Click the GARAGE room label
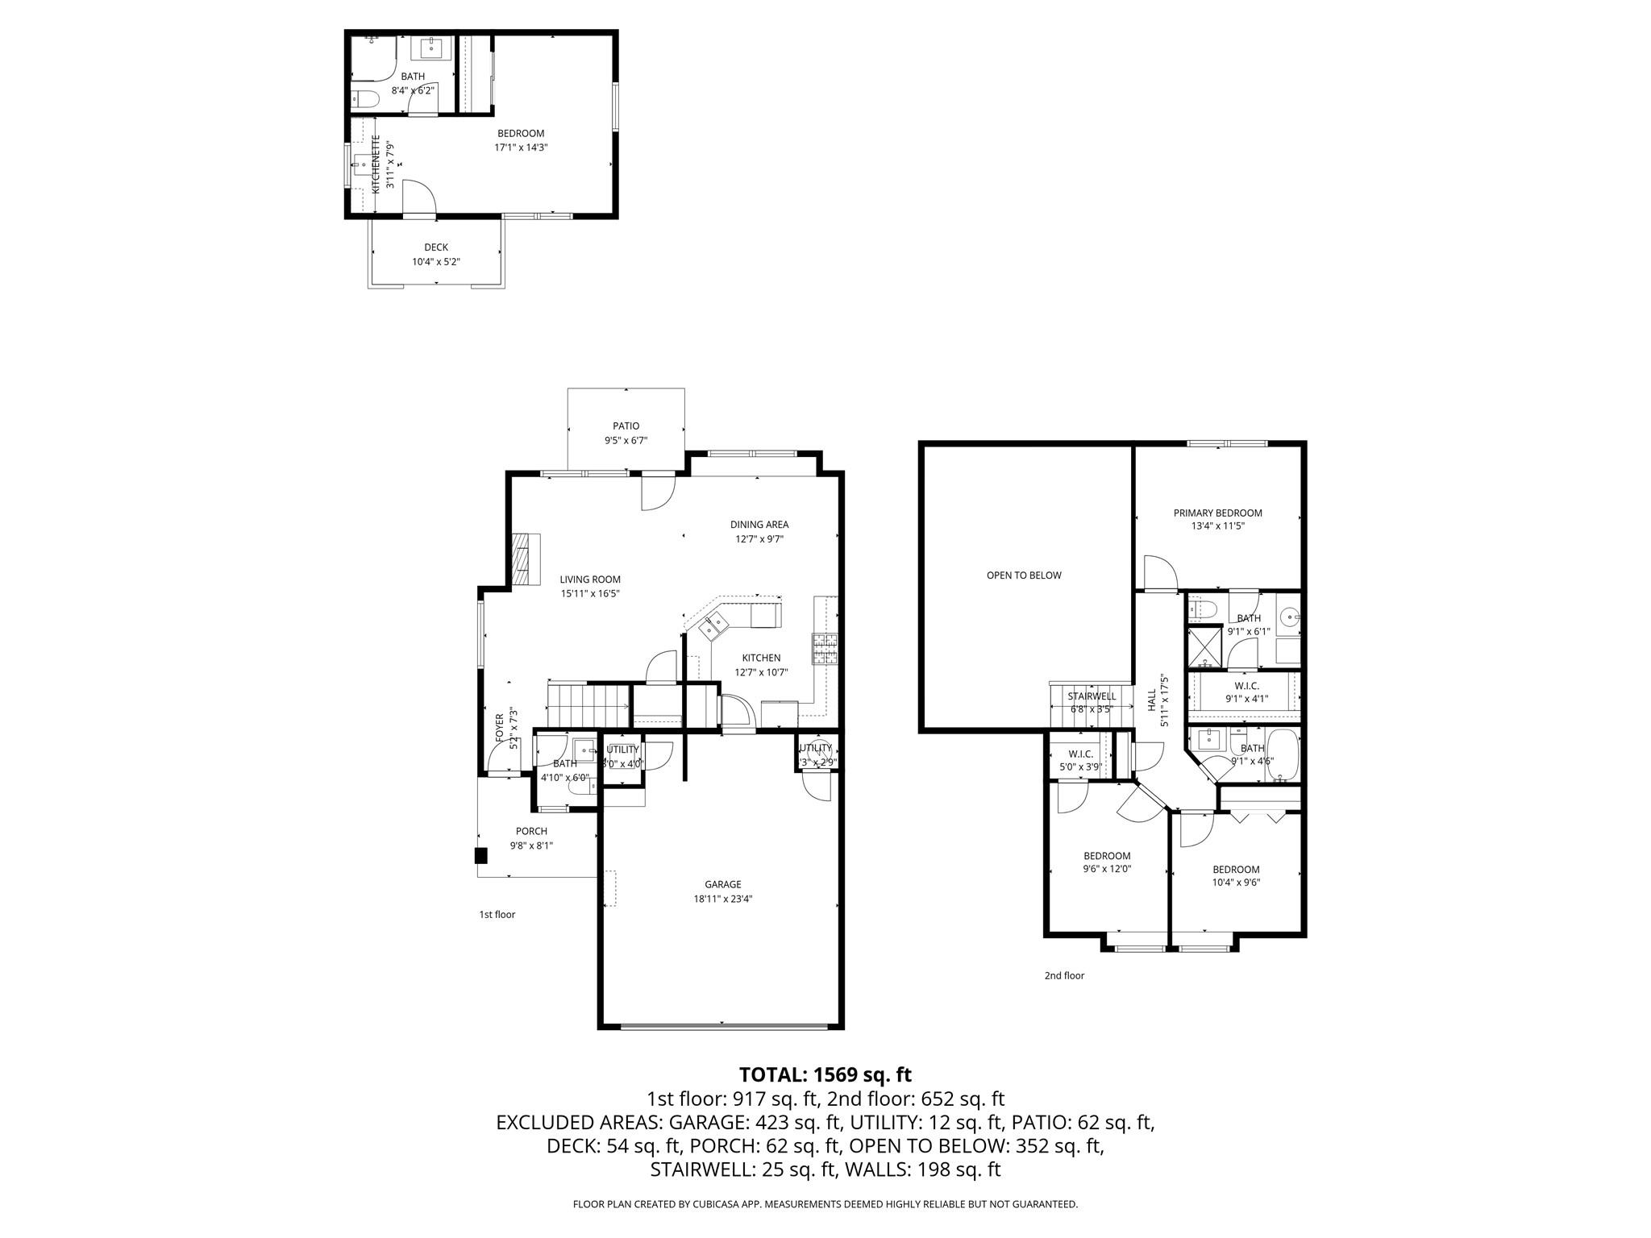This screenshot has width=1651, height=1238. pyautogui.click(x=722, y=884)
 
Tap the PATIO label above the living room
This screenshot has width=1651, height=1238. pyautogui.click(x=626, y=426)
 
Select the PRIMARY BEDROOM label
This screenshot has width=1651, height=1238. pyautogui.click(x=1217, y=513)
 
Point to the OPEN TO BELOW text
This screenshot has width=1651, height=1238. pyautogui.click(x=1024, y=575)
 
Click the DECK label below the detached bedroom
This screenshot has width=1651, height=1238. pyautogui.click(x=436, y=247)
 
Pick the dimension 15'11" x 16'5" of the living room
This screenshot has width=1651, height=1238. pyautogui.click(x=590, y=593)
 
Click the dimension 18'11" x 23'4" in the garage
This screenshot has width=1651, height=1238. pyautogui.click(x=722, y=899)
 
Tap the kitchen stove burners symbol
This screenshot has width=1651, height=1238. pyautogui.click(x=825, y=649)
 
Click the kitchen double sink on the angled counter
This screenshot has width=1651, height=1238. pyautogui.click(x=714, y=625)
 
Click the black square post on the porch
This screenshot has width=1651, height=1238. pyautogui.click(x=480, y=856)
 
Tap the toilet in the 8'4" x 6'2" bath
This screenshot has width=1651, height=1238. pyautogui.click(x=365, y=99)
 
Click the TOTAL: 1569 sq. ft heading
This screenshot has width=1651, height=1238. pyautogui.click(x=825, y=1074)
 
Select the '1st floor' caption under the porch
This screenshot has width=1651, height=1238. pyautogui.click(x=497, y=914)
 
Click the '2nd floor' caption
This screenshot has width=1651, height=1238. pyautogui.click(x=1064, y=975)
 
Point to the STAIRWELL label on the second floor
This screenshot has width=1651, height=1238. pyautogui.click(x=1092, y=696)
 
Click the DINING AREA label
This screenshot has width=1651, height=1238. pyautogui.click(x=759, y=524)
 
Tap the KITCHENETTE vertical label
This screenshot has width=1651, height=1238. pyautogui.click(x=376, y=164)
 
